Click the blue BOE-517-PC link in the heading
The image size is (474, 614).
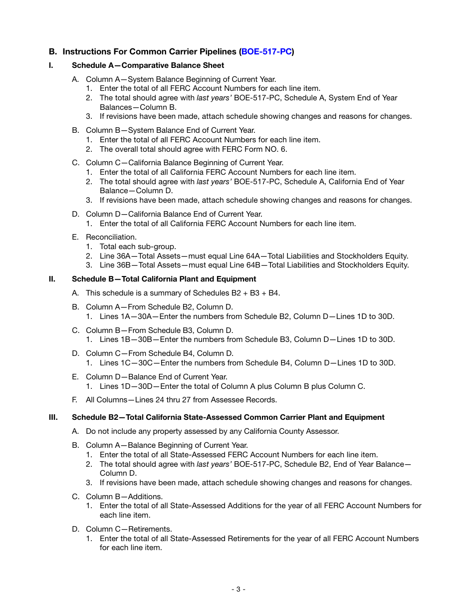pos(266,51)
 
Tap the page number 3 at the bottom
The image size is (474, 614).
pos(238,589)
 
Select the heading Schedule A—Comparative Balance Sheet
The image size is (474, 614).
pos(148,65)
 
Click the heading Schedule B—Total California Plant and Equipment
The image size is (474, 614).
pos(164,279)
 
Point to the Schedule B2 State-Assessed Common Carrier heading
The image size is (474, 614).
pos(228,417)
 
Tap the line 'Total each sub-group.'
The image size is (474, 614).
pos(138,247)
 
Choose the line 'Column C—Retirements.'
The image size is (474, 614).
pos(122,529)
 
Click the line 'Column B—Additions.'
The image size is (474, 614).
pos(118,497)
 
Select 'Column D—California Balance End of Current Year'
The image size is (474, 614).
pos(174,214)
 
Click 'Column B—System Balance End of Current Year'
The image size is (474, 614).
pos(171,130)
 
